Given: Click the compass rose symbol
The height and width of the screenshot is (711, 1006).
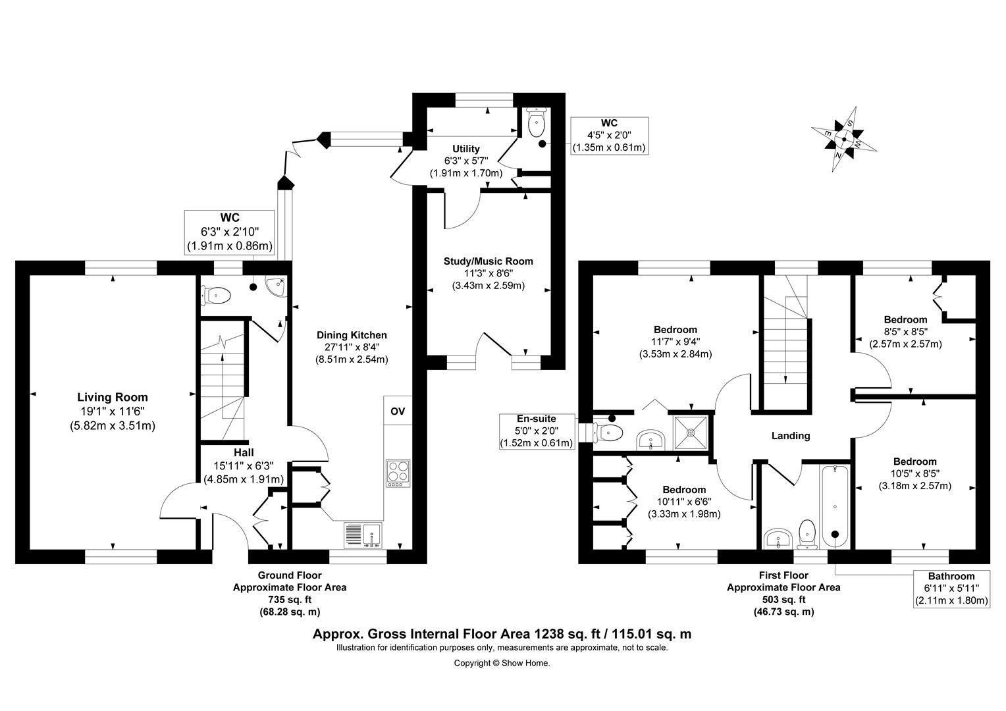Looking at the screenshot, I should (x=844, y=140).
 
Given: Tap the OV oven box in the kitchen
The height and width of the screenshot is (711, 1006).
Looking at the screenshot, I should (x=398, y=411).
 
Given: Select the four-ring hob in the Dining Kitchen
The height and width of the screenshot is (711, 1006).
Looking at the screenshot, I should (x=398, y=473).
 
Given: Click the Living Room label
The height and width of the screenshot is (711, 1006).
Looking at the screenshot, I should (x=113, y=397).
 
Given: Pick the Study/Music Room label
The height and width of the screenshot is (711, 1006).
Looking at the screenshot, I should (x=488, y=261).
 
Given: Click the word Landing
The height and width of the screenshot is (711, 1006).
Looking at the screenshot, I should (x=790, y=435).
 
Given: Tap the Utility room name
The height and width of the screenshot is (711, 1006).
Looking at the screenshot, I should (x=465, y=149).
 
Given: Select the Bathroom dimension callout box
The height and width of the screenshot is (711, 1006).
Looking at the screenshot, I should (x=951, y=588).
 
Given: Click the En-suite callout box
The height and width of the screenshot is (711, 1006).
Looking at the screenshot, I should (x=537, y=431).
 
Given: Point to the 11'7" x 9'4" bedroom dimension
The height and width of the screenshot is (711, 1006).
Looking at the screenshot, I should (x=675, y=342).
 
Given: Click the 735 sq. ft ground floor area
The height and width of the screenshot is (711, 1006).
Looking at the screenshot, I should (x=290, y=599).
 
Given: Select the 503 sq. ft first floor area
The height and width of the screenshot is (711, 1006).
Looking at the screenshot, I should (x=783, y=599).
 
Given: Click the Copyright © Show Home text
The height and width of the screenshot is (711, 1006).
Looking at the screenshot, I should (x=502, y=663).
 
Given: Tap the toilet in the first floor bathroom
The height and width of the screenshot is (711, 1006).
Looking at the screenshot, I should (x=808, y=534).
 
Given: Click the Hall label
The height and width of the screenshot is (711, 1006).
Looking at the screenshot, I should (x=244, y=453).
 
